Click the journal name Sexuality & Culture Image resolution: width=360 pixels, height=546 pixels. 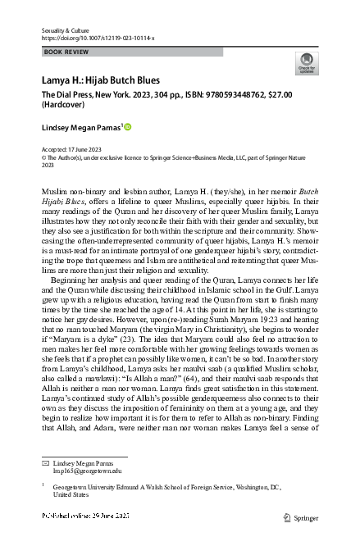(68, 29)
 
